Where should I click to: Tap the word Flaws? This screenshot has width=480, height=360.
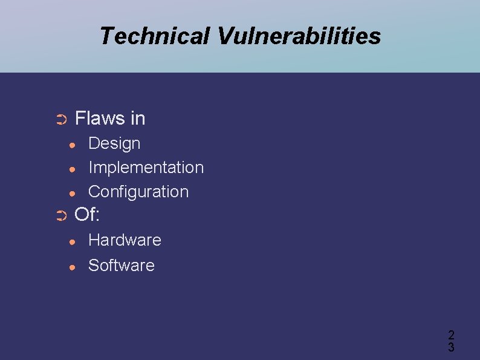click(99, 118)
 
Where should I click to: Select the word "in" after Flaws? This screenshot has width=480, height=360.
click(138, 118)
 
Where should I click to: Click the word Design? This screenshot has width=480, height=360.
click(114, 143)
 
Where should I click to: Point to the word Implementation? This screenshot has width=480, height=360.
click(146, 167)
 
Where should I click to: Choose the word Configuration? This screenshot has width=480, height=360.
click(138, 192)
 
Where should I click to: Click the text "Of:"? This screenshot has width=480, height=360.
click(86, 214)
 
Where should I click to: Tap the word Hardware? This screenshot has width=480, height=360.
click(125, 240)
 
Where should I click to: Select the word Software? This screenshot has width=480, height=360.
click(122, 265)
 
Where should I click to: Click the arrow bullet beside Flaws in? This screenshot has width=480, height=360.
click(60, 120)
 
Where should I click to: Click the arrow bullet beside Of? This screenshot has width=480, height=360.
click(60, 216)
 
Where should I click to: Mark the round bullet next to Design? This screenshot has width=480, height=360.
click(72, 145)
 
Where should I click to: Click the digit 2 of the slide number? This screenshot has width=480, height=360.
click(451, 335)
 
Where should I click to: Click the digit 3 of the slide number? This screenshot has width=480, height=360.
click(451, 347)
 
